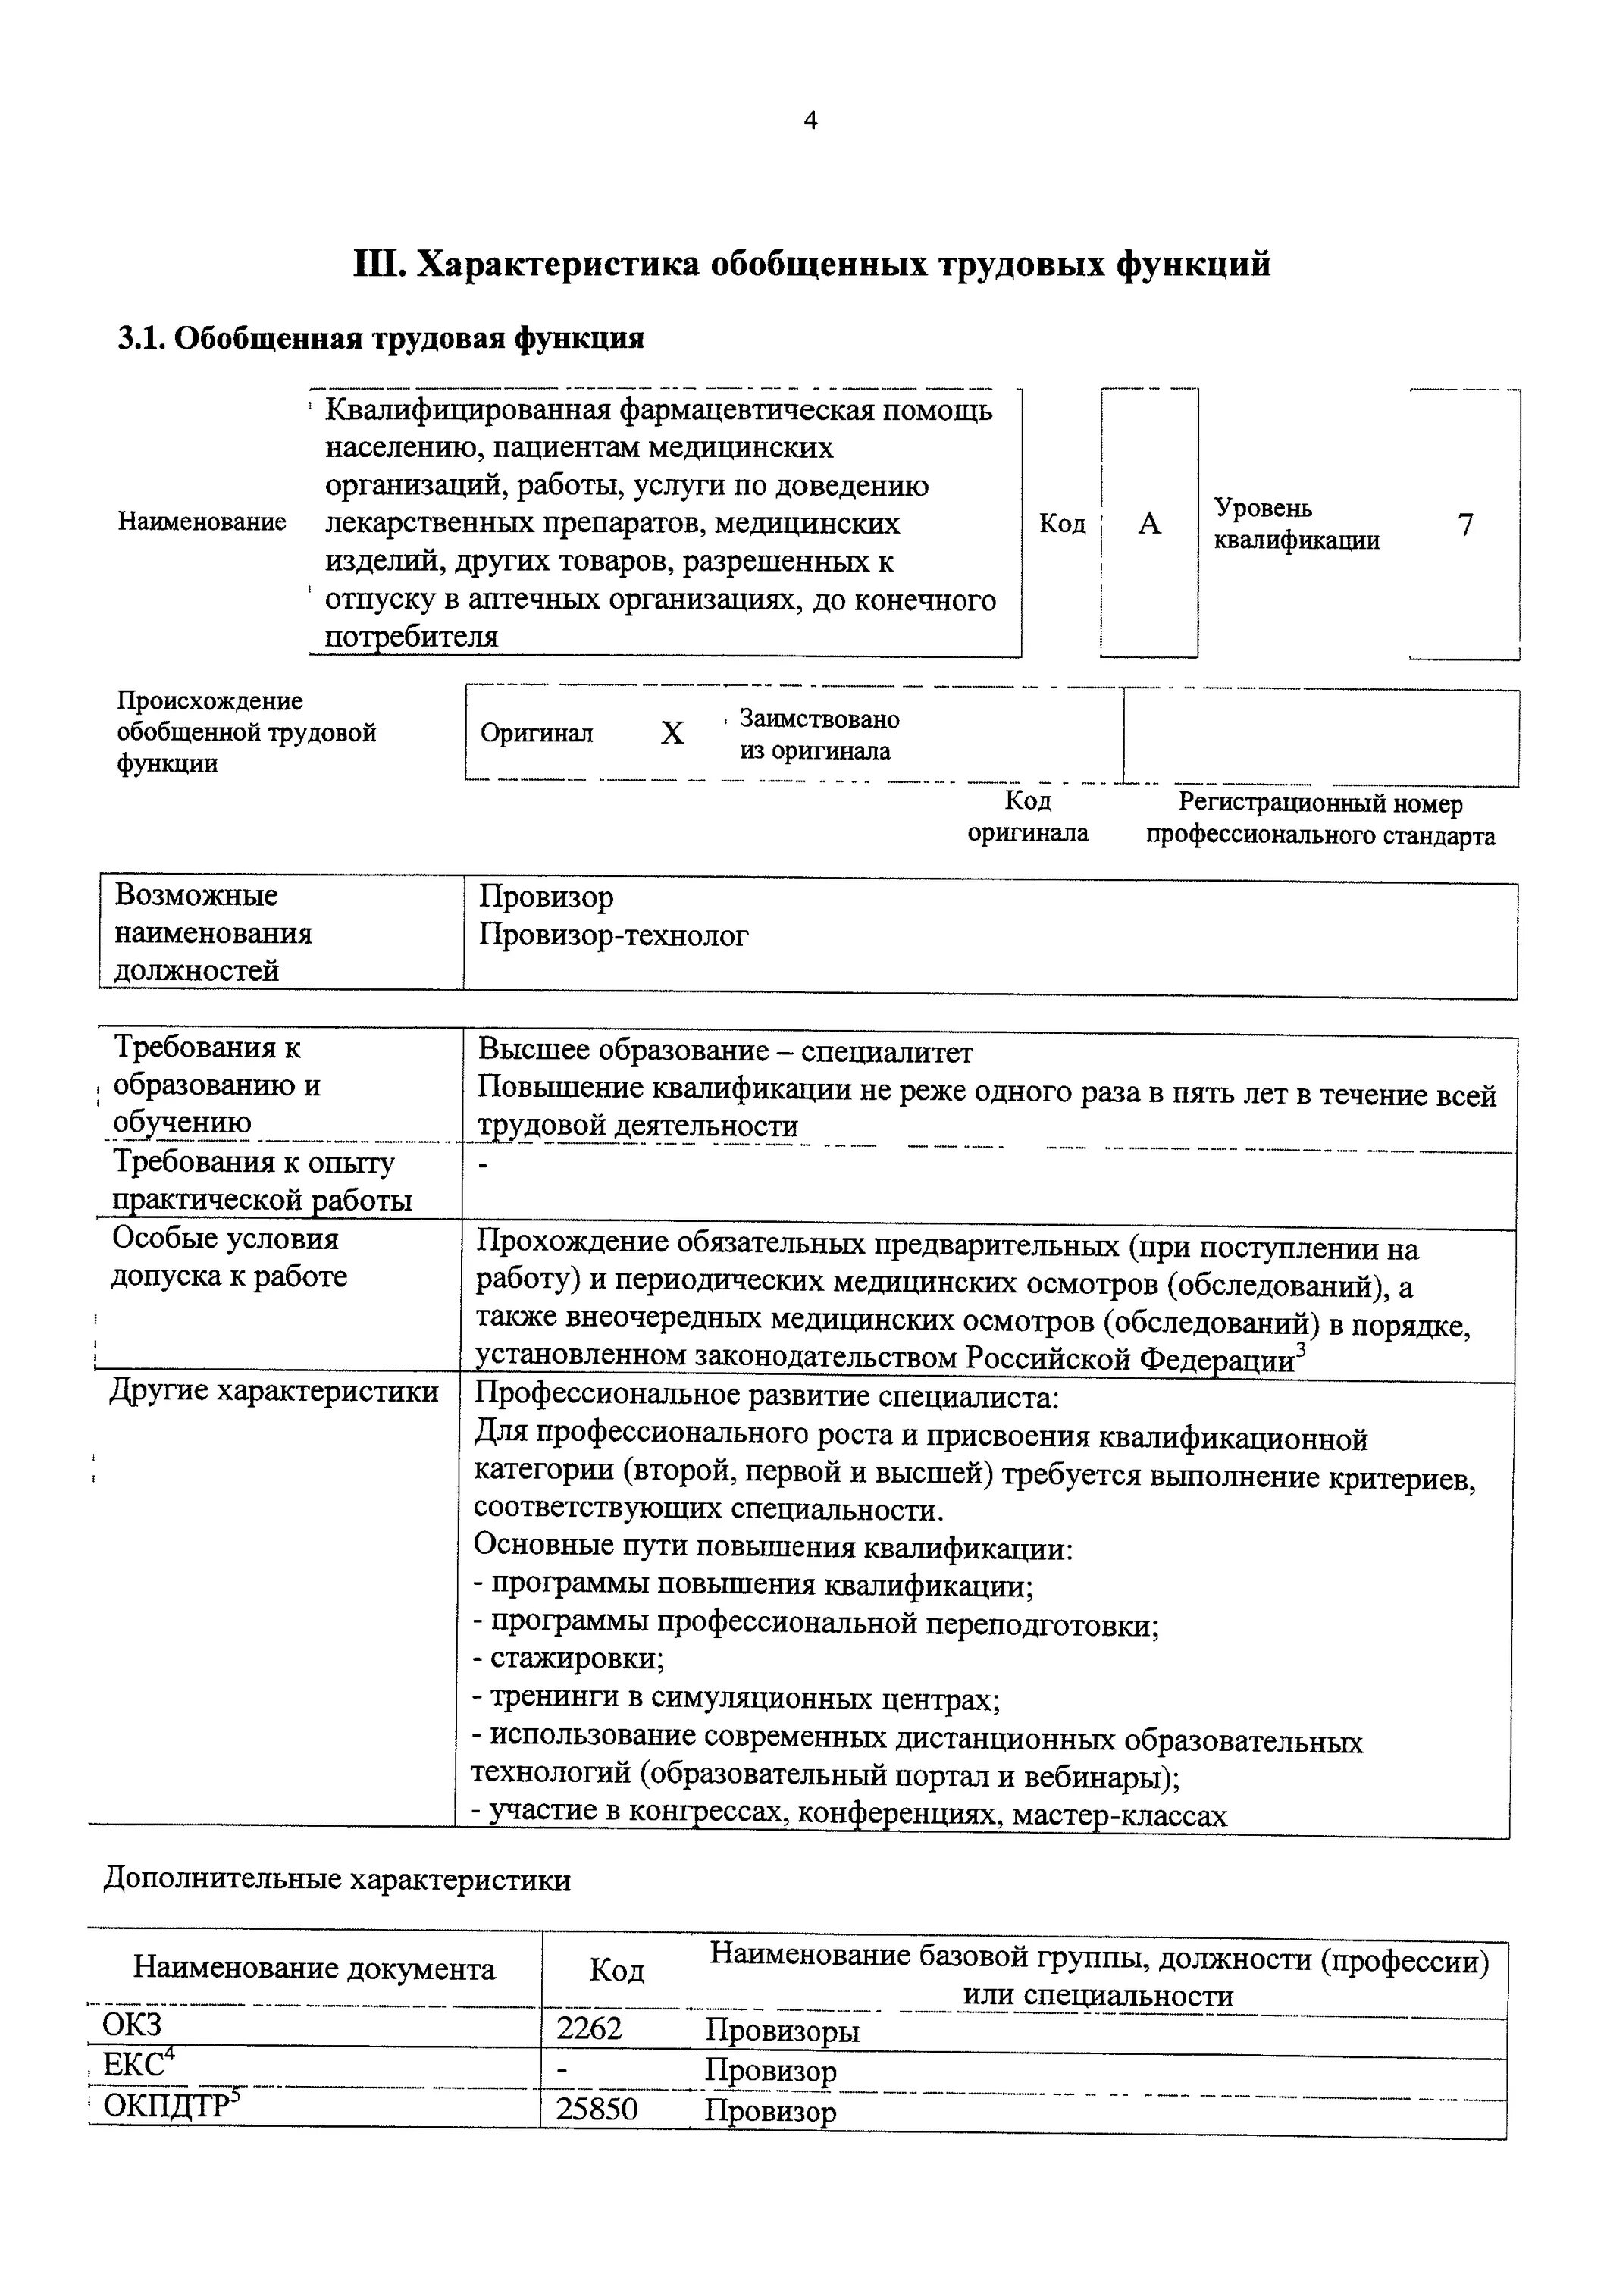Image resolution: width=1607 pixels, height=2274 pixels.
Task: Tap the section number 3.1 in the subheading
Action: [139, 339]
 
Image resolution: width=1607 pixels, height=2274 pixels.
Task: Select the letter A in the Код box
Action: [1148, 524]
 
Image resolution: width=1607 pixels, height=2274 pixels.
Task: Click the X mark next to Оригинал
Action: [672, 734]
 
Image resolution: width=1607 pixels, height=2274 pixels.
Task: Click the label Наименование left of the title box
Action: [202, 522]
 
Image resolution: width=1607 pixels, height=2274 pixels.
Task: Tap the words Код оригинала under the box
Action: [1027, 817]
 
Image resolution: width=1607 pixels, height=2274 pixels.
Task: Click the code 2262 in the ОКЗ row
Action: [589, 2029]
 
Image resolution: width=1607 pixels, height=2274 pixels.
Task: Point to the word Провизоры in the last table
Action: [782, 2031]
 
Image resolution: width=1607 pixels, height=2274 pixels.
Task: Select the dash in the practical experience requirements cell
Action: [483, 1167]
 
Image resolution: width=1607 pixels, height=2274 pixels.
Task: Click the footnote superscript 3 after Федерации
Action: [1300, 1349]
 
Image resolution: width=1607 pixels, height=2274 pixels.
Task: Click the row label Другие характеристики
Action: [274, 1392]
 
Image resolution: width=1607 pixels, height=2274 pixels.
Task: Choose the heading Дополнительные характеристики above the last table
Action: [337, 1880]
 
